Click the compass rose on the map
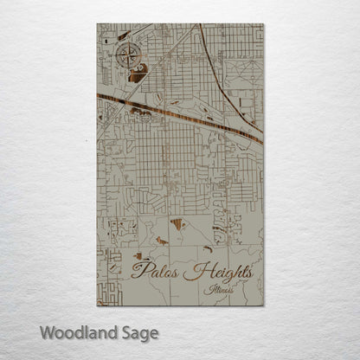pyautogui.click(x=129, y=56)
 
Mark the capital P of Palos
pyautogui.click(x=138, y=271)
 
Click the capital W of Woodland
pyautogui.click(x=47, y=331)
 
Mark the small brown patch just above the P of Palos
pyautogui.click(x=138, y=256)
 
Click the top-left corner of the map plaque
pyautogui.click(x=98, y=24)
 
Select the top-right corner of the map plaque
pyautogui.click(x=263, y=24)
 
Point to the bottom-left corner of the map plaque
pyautogui.click(x=98, y=305)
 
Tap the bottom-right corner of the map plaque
pyautogui.click(x=263, y=305)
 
